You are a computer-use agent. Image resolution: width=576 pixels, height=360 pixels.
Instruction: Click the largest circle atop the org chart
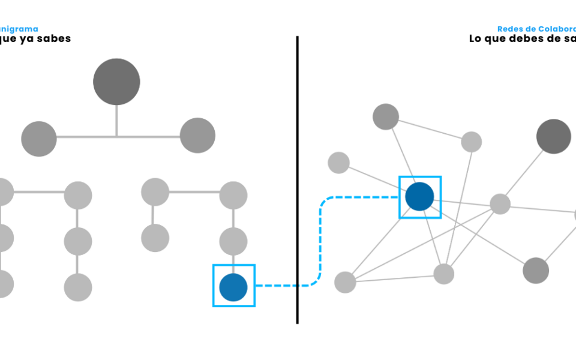[x=116, y=82]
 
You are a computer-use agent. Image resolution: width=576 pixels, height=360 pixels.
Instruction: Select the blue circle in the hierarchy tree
[x=233, y=287]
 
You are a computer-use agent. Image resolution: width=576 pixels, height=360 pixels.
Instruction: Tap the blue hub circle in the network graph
[x=419, y=196]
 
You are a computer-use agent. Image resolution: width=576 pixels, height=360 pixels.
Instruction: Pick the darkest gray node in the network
[x=553, y=137]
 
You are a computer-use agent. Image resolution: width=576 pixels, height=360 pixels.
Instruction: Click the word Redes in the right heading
[x=509, y=29]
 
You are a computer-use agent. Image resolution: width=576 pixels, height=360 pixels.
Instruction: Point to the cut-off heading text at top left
[x=19, y=29]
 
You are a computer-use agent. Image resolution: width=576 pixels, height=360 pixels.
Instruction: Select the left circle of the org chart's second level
[x=38, y=139]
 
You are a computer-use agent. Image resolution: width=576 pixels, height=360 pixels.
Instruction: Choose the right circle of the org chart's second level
[x=197, y=135]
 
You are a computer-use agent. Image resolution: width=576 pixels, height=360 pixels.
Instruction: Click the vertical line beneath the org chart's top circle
[x=116, y=120]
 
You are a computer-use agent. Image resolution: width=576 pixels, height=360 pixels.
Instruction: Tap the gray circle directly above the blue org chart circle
[x=233, y=241]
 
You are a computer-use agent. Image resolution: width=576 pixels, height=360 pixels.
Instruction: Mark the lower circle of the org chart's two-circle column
[x=155, y=238]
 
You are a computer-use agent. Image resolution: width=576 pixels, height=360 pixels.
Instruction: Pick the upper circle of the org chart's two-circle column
[x=155, y=192]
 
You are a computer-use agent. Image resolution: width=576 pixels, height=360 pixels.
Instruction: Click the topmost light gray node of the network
[x=386, y=116]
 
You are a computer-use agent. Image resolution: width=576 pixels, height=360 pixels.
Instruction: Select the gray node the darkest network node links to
[x=500, y=204]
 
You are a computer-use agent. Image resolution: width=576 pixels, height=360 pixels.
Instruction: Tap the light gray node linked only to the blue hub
[x=338, y=162]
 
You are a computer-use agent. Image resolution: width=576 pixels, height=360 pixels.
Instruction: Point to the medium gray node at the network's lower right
[x=536, y=270]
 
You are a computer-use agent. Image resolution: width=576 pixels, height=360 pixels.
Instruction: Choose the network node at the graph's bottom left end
[x=345, y=282]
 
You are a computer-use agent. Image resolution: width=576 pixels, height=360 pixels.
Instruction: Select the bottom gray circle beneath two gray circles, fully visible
[x=78, y=287]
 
